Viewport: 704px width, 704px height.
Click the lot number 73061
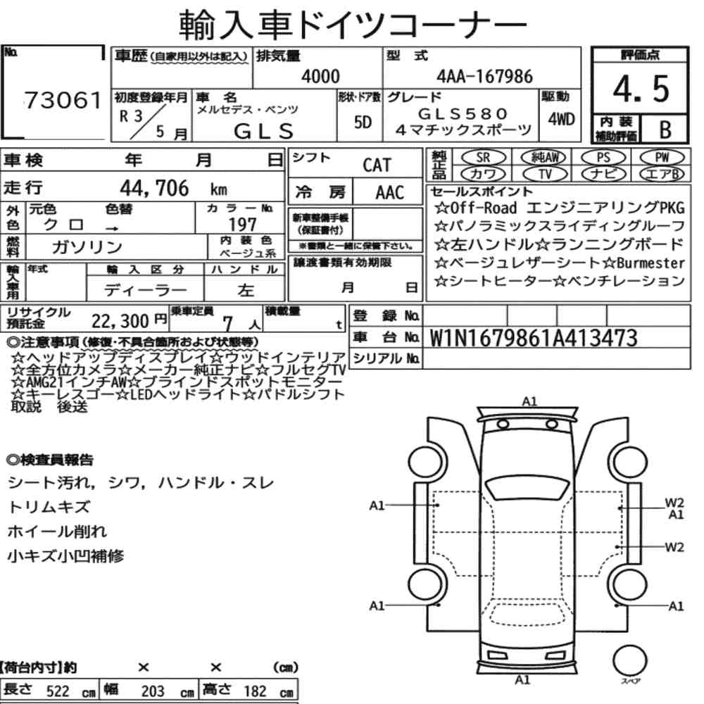pos(63,100)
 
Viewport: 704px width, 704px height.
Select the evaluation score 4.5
pos(641,89)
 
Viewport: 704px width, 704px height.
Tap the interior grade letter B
pos(665,130)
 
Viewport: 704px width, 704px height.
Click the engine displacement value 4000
pos(320,76)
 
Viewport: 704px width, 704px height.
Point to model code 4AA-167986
pos(484,76)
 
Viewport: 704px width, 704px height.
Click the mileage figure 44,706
pos(154,188)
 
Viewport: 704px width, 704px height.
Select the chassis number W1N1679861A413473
pos(534,338)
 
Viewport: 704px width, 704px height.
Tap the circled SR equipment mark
pos(483,157)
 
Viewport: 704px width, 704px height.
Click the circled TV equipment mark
pos(545,174)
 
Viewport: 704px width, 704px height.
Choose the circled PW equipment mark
pos(662,157)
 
